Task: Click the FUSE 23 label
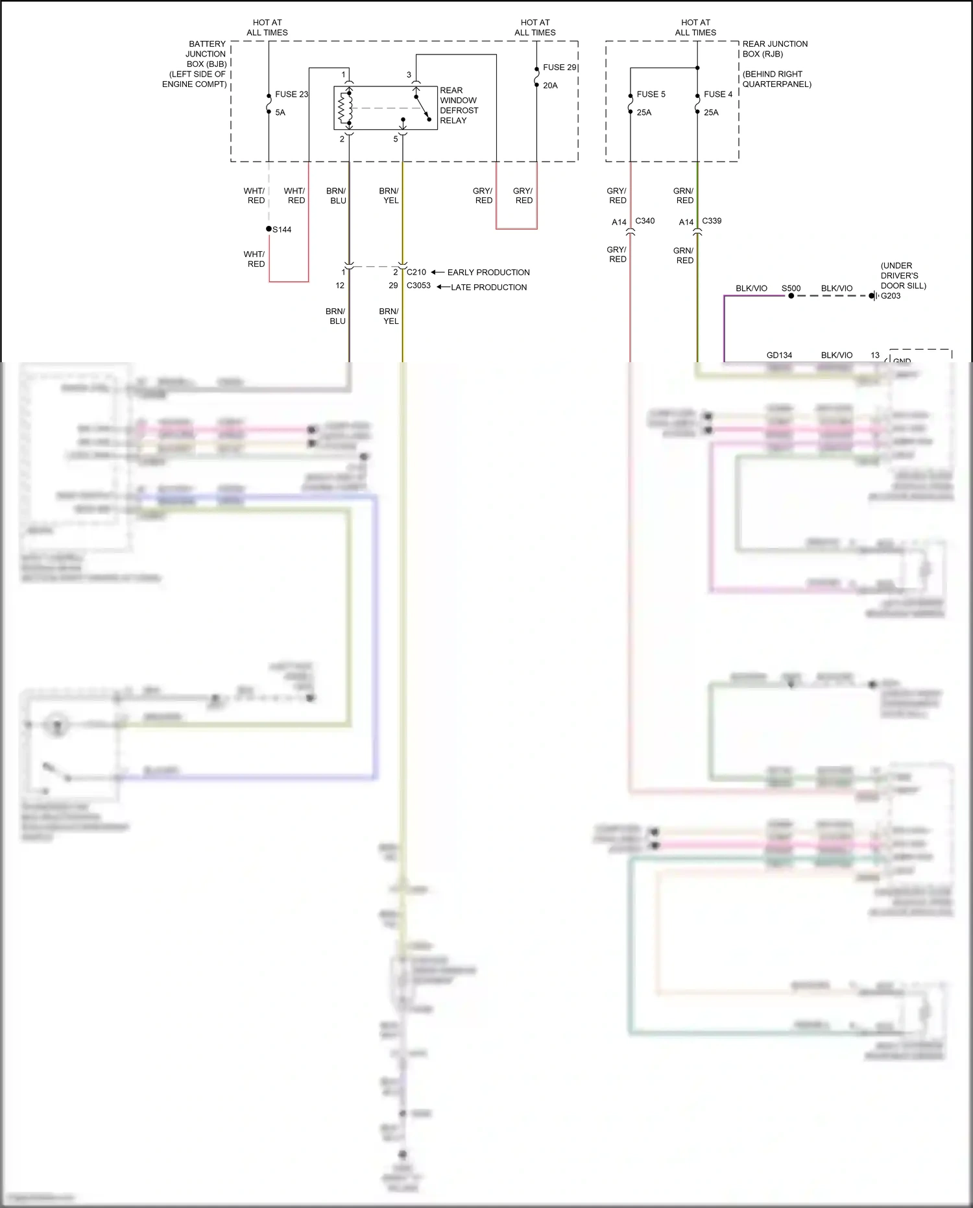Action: (x=291, y=94)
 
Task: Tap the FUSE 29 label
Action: (x=559, y=68)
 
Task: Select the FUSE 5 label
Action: (x=651, y=94)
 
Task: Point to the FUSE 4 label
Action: (x=717, y=94)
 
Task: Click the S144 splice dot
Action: (x=269, y=229)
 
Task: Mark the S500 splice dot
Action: (x=791, y=296)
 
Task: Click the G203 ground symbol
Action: (x=874, y=296)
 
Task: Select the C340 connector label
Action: (x=645, y=221)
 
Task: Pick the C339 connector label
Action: (x=712, y=221)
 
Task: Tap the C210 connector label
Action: (x=416, y=273)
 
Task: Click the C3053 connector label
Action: (x=418, y=286)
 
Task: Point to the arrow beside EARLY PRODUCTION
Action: (x=438, y=273)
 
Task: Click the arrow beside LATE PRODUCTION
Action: (x=443, y=287)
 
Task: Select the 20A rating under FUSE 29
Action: (x=550, y=86)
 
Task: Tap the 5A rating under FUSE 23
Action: (x=280, y=112)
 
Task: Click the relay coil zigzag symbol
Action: (x=342, y=108)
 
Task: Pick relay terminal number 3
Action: (x=409, y=75)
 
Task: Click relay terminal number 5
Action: (x=396, y=139)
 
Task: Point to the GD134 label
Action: (x=779, y=355)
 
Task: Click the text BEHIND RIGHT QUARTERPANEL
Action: (x=776, y=79)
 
